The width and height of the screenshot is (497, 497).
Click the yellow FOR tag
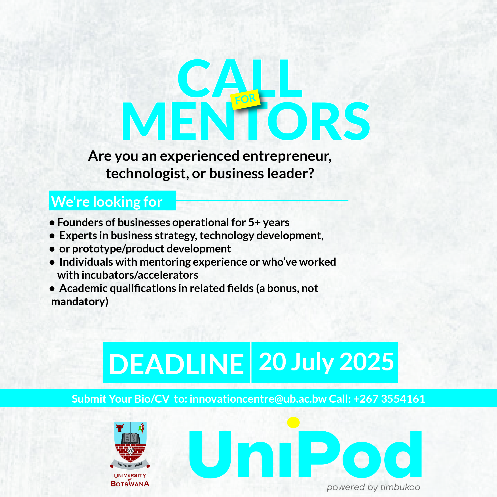245,99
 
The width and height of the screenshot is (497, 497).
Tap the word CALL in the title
240,78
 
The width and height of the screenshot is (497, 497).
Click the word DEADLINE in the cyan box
176,364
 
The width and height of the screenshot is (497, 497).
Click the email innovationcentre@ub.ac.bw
258,399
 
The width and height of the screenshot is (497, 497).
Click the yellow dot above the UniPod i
293,422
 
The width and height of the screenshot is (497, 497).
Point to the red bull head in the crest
120,428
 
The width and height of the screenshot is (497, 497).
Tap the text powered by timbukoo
373,487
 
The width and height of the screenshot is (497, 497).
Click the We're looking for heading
107,202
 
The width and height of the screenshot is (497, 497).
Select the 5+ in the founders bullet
254,222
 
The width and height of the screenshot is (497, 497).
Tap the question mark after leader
311,173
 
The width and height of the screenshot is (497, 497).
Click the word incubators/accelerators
140,275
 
